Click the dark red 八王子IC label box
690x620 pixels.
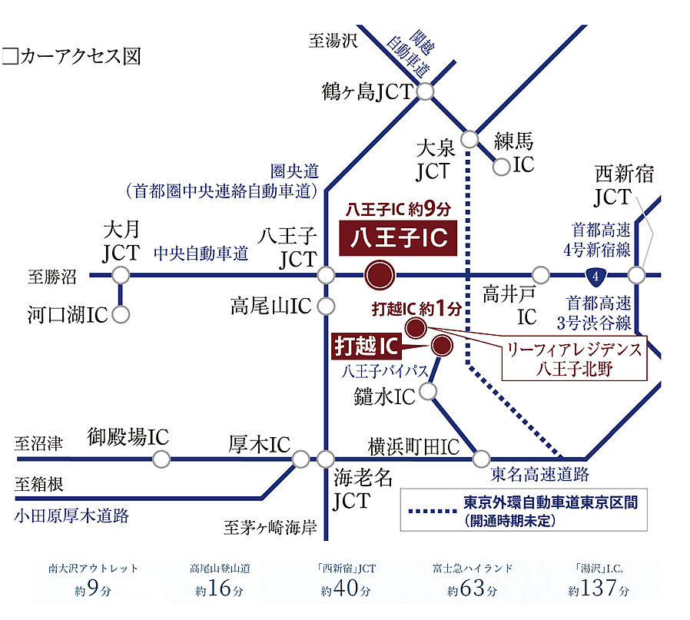398,239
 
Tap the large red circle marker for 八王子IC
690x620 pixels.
379,274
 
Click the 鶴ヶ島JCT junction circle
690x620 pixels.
426,92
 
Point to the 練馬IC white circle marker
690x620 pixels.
502,165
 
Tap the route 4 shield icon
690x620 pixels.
592,274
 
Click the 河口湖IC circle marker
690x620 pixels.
121,314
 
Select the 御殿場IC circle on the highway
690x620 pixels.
161,459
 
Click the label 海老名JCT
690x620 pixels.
363,489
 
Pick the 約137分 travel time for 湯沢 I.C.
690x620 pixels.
599,590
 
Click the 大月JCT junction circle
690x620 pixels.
121,274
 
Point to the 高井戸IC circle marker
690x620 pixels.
541,274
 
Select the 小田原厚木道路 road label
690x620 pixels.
71,516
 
